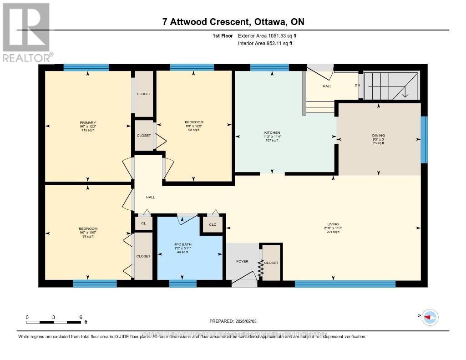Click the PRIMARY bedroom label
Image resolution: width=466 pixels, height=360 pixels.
(x=88, y=122)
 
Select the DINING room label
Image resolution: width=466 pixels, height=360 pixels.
(x=378, y=135)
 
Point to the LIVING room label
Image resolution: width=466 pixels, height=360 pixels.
(x=333, y=224)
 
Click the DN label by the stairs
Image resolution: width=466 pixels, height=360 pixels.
(x=357, y=85)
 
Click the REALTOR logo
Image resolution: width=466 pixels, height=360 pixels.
(x=26, y=32)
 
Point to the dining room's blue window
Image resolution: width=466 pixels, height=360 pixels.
(x=424, y=139)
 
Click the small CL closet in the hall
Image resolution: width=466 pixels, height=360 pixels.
(x=143, y=223)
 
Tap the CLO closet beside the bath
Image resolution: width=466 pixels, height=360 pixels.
(x=213, y=225)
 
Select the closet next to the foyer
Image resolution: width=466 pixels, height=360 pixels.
(x=271, y=263)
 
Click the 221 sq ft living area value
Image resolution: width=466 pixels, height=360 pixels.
(x=333, y=232)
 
